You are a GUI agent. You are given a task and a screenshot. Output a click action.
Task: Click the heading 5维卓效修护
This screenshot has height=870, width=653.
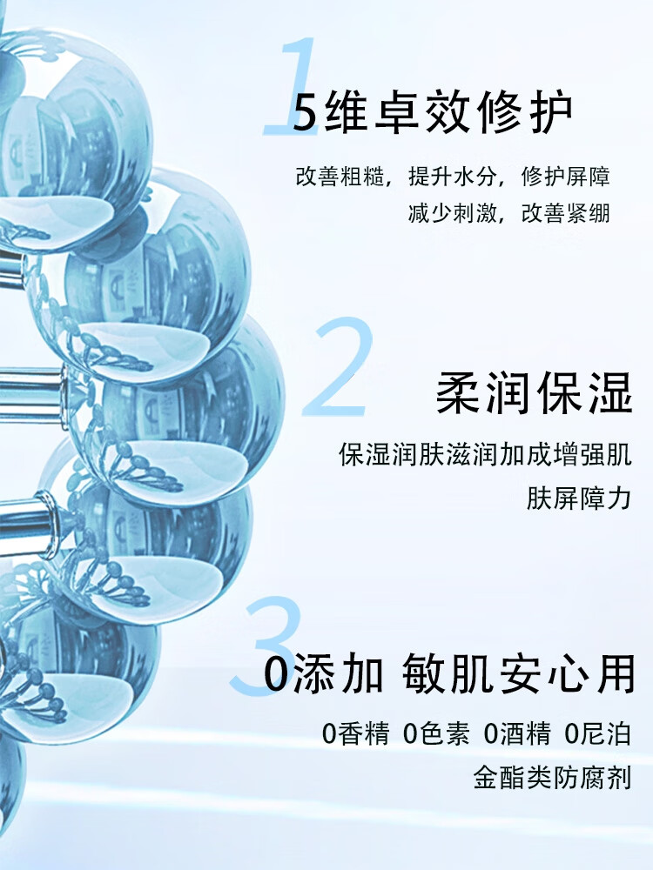[433, 112]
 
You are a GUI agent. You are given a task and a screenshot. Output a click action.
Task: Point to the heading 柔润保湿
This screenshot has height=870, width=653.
[533, 394]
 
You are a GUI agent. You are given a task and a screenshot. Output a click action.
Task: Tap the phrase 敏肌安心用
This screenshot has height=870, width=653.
[519, 674]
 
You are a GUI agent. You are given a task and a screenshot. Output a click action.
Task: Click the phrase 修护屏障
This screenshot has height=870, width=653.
[566, 177]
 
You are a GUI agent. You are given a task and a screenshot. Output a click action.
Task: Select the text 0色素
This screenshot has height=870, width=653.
[436, 734]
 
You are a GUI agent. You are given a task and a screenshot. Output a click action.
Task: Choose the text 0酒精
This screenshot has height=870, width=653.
[517, 734]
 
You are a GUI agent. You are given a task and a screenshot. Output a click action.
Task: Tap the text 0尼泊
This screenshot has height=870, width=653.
[597, 734]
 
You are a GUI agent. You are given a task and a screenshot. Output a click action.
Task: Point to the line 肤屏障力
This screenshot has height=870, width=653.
[578, 499]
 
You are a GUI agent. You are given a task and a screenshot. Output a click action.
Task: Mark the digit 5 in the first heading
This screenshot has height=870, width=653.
[305, 113]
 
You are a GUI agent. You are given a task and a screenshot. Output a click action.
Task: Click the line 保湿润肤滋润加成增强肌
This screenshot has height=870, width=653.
[485, 454]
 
